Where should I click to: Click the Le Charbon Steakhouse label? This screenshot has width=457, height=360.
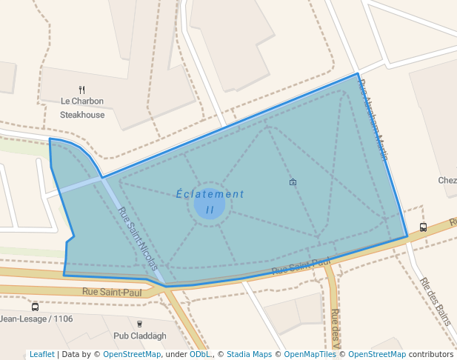[x=82, y=108]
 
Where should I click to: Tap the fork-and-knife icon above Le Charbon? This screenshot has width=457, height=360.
[x=82, y=90]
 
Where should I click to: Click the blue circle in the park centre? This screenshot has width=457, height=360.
[x=210, y=204]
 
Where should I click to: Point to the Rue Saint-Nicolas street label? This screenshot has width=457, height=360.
[x=138, y=239]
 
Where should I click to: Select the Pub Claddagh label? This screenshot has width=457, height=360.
[x=139, y=336]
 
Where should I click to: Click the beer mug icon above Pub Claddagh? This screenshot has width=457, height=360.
[x=139, y=323]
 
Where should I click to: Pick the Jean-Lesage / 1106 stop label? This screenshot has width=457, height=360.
[x=36, y=319]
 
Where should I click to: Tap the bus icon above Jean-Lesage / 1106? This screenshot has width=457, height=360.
[x=35, y=307]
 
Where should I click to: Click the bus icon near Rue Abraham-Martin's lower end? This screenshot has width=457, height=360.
[x=423, y=227]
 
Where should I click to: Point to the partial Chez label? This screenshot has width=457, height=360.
[x=447, y=180]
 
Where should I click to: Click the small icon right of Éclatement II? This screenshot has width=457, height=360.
[x=293, y=181]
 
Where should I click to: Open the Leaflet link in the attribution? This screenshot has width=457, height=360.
[x=41, y=355]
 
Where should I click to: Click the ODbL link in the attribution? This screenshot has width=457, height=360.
[x=200, y=355]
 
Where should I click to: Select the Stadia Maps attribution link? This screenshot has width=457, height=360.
[x=249, y=355]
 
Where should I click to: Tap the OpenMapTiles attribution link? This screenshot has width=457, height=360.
[x=310, y=355]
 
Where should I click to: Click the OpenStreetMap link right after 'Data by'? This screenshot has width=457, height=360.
[x=132, y=355]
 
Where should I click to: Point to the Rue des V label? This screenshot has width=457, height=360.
[x=336, y=328]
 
